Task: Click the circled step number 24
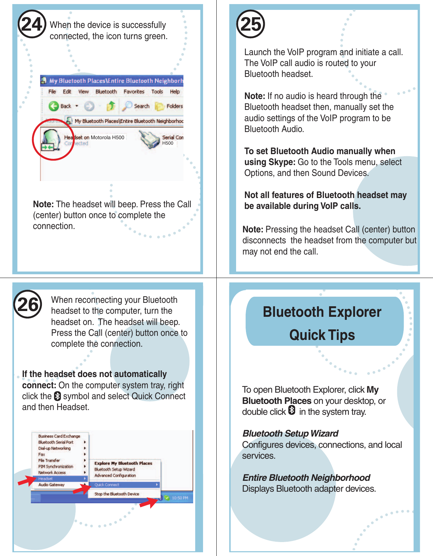pyautogui.click(x=32, y=24)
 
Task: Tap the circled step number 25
pyautogui.click(x=251, y=24)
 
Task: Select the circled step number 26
pyautogui.click(x=28, y=304)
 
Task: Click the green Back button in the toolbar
pyautogui.click(x=54, y=106)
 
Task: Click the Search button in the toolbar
pyautogui.click(x=137, y=106)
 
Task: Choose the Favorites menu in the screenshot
pyautogui.click(x=134, y=92)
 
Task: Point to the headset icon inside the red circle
pyautogui.click(x=50, y=140)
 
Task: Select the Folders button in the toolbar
pyautogui.click(x=169, y=106)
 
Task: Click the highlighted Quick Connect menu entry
pyautogui.click(x=107, y=485)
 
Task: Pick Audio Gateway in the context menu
pyautogui.click(x=51, y=485)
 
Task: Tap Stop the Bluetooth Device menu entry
pyautogui.click(x=117, y=494)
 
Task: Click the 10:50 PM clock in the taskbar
pyautogui.click(x=180, y=498)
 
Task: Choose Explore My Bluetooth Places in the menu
pyautogui.click(x=123, y=463)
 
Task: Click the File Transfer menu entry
pyautogui.click(x=49, y=460)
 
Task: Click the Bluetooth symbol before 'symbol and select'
pyautogui.click(x=57, y=396)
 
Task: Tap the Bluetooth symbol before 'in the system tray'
pyautogui.click(x=292, y=410)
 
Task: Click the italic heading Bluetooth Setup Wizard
pyautogui.click(x=290, y=434)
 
